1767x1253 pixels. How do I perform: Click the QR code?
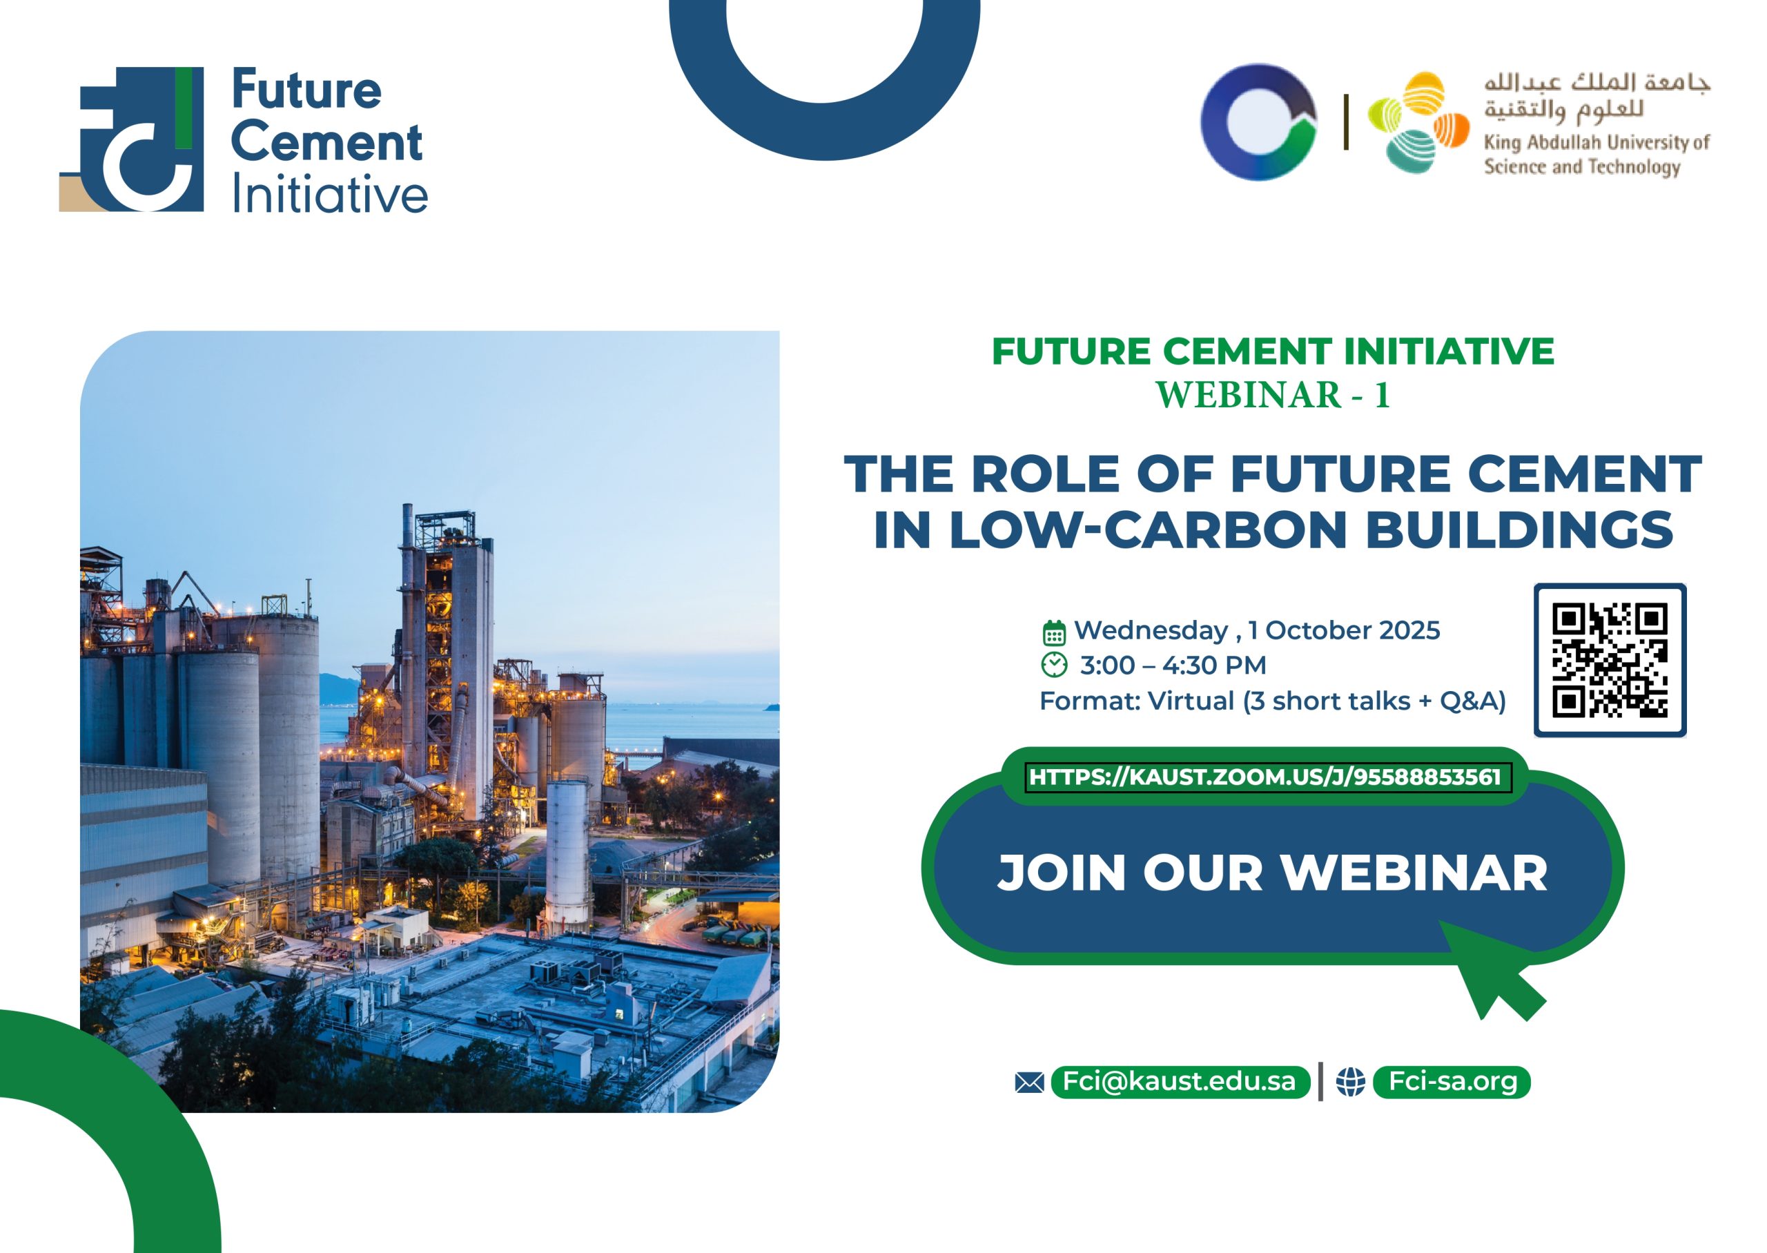pyautogui.click(x=1610, y=660)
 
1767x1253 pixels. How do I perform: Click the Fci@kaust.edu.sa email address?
pyautogui.click(x=1180, y=1081)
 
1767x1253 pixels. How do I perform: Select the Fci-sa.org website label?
pyautogui.click(x=1453, y=1081)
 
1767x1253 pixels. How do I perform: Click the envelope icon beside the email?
pyautogui.click(x=1030, y=1082)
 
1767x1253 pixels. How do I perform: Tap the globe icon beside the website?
pyautogui.click(x=1351, y=1082)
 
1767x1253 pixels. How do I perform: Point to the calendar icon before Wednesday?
pyautogui.click(x=1053, y=632)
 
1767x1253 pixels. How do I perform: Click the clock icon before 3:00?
pyautogui.click(x=1053, y=664)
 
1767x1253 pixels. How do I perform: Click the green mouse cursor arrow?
pyautogui.click(x=1490, y=969)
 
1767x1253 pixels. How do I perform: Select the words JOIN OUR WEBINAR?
pyautogui.click(x=1273, y=873)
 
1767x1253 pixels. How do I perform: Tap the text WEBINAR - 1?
pyautogui.click(x=1273, y=395)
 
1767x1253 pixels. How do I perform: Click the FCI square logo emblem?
pyautogui.click(x=132, y=139)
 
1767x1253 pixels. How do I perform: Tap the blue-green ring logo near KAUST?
pyautogui.click(x=1259, y=122)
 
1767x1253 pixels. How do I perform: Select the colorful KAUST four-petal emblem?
pyautogui.click(x=1418, y=122)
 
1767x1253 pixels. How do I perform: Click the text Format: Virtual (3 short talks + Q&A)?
pyautogui.click(x=1273, y=701)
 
